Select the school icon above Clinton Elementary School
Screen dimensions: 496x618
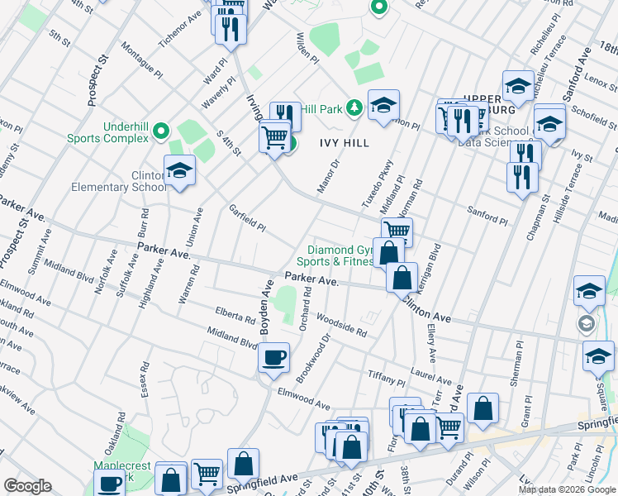pos(179,170)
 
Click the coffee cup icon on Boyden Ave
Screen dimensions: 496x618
pos(273,358)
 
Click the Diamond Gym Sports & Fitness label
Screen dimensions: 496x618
pos(340,256)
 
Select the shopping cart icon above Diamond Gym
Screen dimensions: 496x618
pos(397,232)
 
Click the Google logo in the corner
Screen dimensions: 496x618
pos(27,486)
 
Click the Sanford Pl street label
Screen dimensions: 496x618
pos(487,217)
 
